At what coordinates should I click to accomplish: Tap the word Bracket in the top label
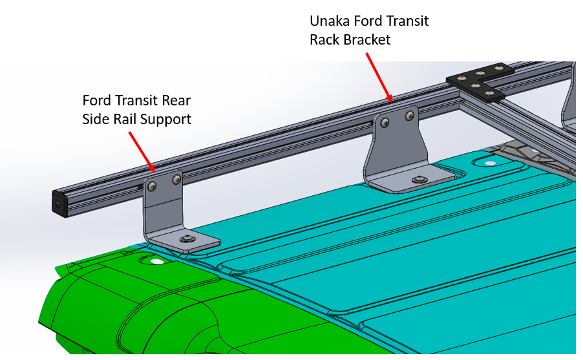point(366,40)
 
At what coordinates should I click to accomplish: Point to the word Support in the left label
point(167,120)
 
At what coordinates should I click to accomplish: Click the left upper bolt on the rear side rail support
point(152,186)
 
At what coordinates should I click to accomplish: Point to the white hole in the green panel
point(156,262)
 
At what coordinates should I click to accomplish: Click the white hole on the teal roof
point(489,164)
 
